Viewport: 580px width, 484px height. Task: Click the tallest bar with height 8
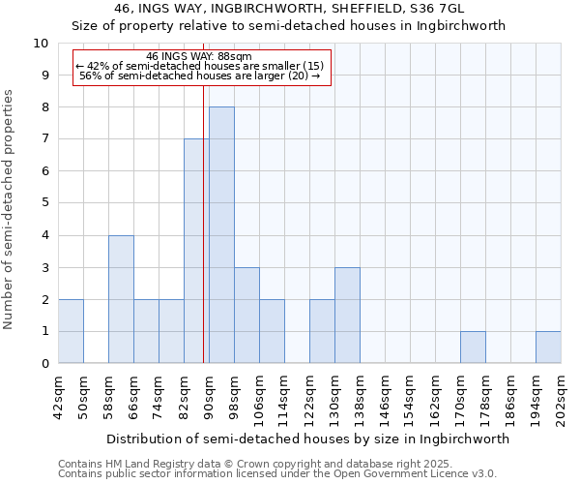point(221,235)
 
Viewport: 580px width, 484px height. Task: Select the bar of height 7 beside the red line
point(194,252)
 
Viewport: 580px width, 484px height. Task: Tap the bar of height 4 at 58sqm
point(121,299)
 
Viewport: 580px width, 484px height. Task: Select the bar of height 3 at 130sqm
point(347,316)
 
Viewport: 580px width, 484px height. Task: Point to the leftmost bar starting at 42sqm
point(71,331)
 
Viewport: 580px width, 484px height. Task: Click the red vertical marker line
point(203,242)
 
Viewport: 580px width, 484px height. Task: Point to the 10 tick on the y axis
point(42,44)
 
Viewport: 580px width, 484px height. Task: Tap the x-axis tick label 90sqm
point(209,395)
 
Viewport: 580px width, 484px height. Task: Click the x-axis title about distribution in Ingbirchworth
point(307,439)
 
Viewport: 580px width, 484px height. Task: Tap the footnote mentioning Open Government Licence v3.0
point(277,474)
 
